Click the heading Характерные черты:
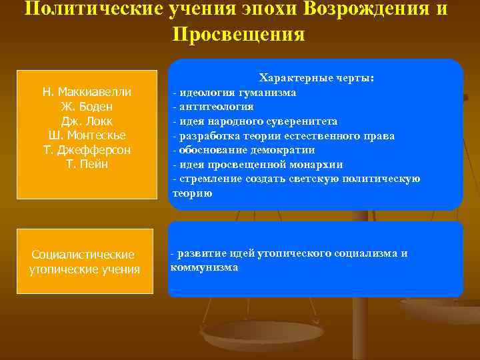(316, 79)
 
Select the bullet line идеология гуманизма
(234, 93)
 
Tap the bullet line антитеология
(213, 107)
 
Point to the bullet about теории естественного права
(283, 136)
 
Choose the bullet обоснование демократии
(243, 150)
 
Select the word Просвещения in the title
(239, 34)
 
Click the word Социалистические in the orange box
(83, 255)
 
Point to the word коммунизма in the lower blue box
(204, 267)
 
